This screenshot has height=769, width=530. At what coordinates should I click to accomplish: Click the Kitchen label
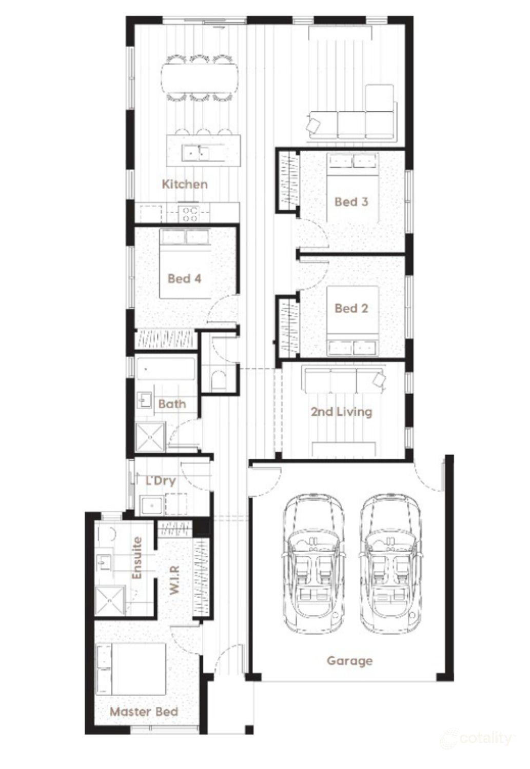185,184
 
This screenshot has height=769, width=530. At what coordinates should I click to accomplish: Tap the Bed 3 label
351,201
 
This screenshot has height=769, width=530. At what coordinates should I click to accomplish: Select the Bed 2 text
351,308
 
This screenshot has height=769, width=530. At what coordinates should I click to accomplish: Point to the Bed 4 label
184,278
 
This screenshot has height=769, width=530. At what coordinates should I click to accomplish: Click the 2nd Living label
341,411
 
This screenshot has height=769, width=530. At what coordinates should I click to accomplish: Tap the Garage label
349,660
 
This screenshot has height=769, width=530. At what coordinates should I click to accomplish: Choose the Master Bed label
144,712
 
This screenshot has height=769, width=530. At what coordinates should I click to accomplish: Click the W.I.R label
174,580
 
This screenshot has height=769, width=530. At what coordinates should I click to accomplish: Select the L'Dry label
160,481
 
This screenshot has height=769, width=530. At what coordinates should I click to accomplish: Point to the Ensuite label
137,558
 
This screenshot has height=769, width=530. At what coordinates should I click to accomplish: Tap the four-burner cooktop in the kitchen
189,213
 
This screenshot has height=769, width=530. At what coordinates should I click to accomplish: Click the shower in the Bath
150,437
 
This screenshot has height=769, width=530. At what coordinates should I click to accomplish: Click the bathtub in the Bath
165,368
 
